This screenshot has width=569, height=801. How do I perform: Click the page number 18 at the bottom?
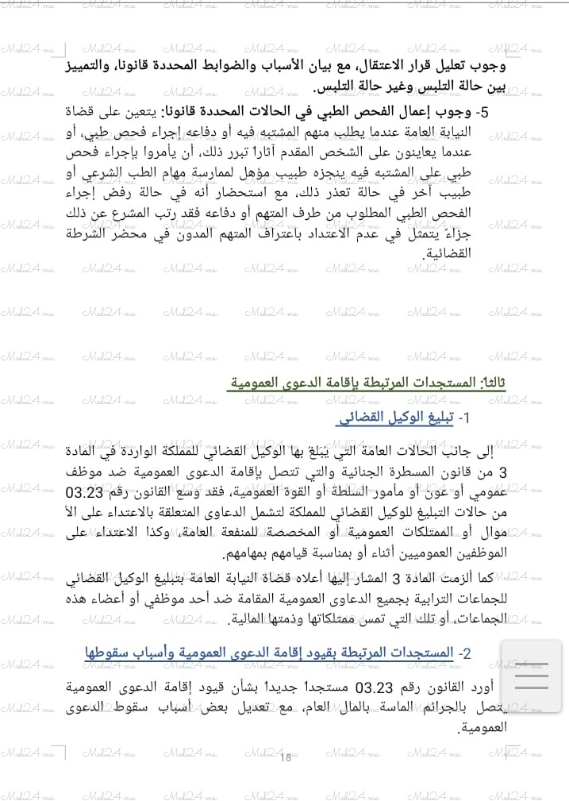[x=286, y=757]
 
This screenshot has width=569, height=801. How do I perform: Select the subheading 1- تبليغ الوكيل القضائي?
[x=403, y=418]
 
